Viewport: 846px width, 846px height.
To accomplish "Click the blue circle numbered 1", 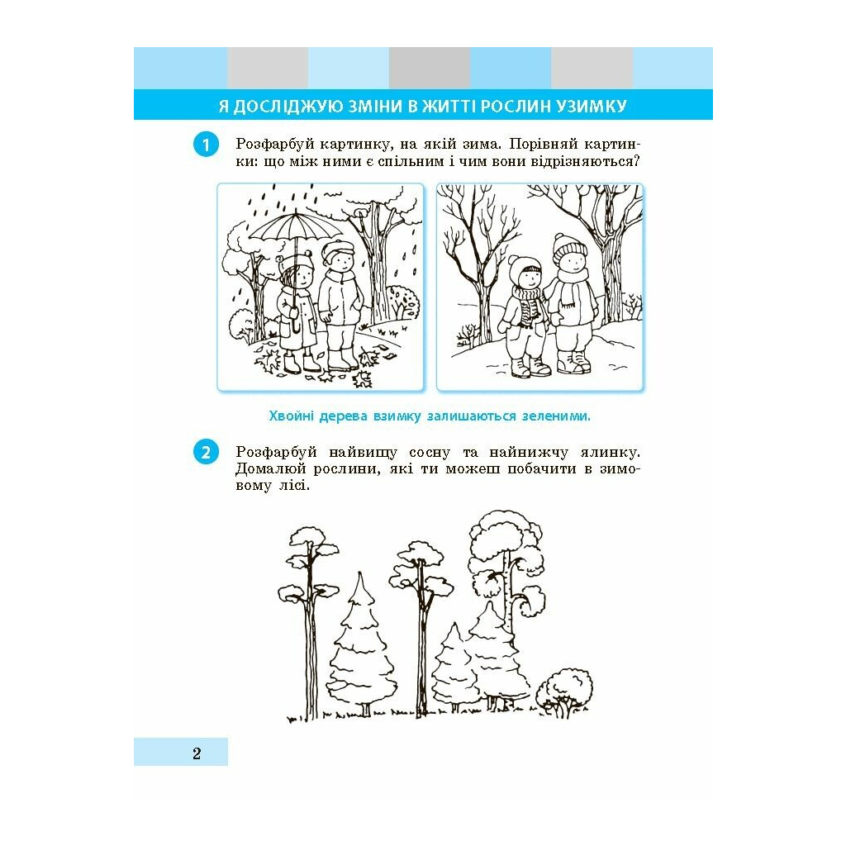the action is (x=206, y=145).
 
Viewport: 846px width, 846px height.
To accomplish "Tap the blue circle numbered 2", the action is (x=206, y=452).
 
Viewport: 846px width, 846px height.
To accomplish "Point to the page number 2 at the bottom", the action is (x=197, y=753).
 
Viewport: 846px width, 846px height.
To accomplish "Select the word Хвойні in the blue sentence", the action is (x=291, y=416).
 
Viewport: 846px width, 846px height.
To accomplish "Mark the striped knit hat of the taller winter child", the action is (x=570, y=245).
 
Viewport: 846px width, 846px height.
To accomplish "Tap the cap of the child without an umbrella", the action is (x=338, y=250).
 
